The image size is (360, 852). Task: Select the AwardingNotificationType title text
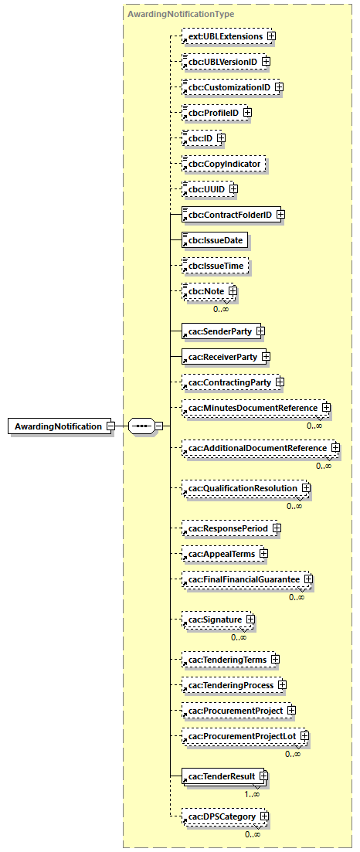(x=180, y=14)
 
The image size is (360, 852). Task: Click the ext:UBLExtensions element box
(x=222, y=36)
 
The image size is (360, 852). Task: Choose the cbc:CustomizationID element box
(x=226, y=87)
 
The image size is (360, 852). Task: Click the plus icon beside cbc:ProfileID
(x=248, y=113)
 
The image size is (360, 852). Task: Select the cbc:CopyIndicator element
(x=223, y=164)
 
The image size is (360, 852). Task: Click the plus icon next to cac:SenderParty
(x=260, y=331)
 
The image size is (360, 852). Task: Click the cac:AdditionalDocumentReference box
(x=256, y=448)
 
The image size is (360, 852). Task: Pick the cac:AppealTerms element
(x=219, y=554)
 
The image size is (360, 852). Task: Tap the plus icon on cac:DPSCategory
(x=264, y=816)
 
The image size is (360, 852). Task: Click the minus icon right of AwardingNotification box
(x=111, y=426)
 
